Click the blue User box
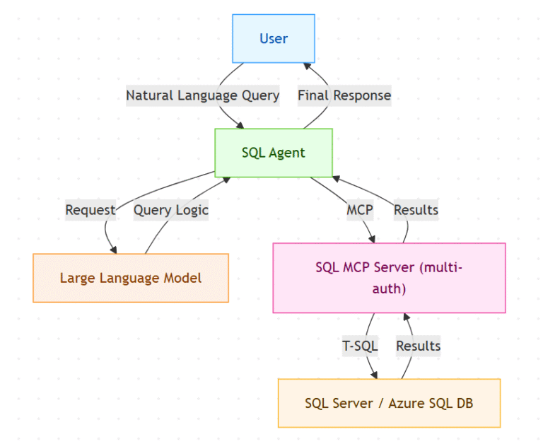[274, 39]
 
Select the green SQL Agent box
[274, 153]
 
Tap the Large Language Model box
[131, 278]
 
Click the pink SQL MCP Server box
[389, 278]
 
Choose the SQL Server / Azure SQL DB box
[389, 404]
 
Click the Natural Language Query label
[203, 95]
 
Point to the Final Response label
[344, 95]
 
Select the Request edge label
[90, 210]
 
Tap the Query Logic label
[171, 210]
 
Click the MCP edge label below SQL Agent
[360, 210]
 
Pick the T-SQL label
[360, 346]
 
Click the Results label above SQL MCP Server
[416, 210]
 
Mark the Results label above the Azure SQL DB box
[418, 346]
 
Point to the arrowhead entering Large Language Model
[112, 248]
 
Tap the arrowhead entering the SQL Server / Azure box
[373, 374]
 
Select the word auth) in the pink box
[389, 288]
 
